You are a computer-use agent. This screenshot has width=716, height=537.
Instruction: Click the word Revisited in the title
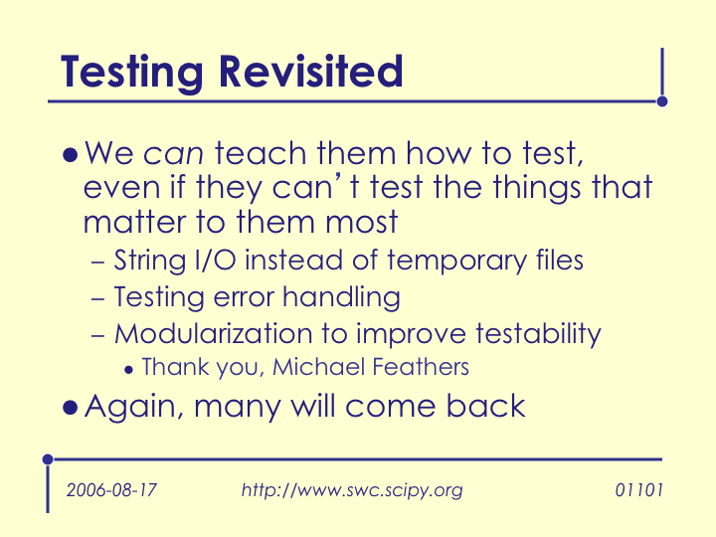tap(311, 72)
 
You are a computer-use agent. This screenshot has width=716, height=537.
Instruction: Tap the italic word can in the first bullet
tap(173, 154)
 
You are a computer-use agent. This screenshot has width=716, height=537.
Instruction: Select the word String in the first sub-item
tap(150, 262)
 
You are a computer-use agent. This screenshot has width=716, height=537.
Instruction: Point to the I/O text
tap(216, 261)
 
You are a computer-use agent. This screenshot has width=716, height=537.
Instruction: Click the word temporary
tap(457, 262)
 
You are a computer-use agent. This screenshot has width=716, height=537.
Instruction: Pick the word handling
tap(341, 298)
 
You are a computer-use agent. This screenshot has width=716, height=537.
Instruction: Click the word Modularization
tap(213, 334)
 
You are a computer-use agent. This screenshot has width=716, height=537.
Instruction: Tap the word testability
tap(538, 335)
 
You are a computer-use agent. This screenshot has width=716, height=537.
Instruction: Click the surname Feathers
tap(421, 367)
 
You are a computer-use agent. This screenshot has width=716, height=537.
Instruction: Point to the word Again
tap(134, 408)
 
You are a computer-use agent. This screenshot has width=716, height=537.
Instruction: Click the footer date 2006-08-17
tap(111, 490)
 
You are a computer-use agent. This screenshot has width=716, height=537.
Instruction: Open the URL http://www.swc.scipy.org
tap(352, 490)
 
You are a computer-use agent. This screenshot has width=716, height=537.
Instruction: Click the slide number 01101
tap(638, 490)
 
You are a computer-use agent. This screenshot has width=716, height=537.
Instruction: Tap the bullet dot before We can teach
tap(70, 155)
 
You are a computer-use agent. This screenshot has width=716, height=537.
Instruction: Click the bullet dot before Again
tap(70, 408)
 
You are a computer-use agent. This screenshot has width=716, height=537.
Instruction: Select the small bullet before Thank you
tap(128, 370)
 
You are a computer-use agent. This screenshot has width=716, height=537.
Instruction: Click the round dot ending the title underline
tap(662, 101)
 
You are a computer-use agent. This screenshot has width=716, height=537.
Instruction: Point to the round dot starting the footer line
tap(48, 459)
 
